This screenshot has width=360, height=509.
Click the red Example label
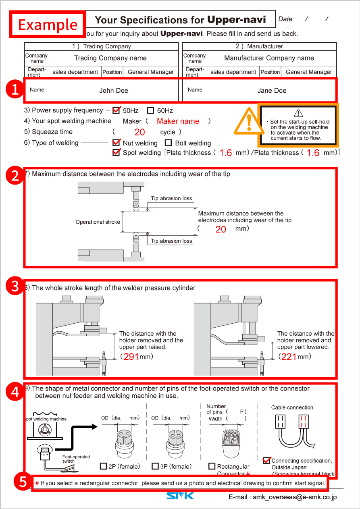point(48,24)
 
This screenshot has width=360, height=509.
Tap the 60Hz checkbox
point(151,110)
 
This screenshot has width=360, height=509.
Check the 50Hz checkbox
point(117,110)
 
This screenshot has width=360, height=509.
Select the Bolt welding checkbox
point(169,143)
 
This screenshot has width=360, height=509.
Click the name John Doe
point(114,91)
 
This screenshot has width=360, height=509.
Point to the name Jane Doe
point(272,91)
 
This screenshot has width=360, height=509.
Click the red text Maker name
point(178,121)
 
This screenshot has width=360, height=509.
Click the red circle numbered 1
point(15,90)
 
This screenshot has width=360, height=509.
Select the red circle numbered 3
point(15,286)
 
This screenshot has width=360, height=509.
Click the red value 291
point(131,357)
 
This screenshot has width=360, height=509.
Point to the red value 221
point(289,357)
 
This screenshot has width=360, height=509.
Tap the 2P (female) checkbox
point(103,466)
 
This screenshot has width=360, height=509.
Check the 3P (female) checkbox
point(155,466)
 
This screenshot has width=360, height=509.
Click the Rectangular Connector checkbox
point(212,466)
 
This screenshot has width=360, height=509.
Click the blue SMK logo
point(180,495)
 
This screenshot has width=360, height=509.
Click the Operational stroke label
point(98,222)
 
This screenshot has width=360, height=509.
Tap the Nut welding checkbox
point(117,143)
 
